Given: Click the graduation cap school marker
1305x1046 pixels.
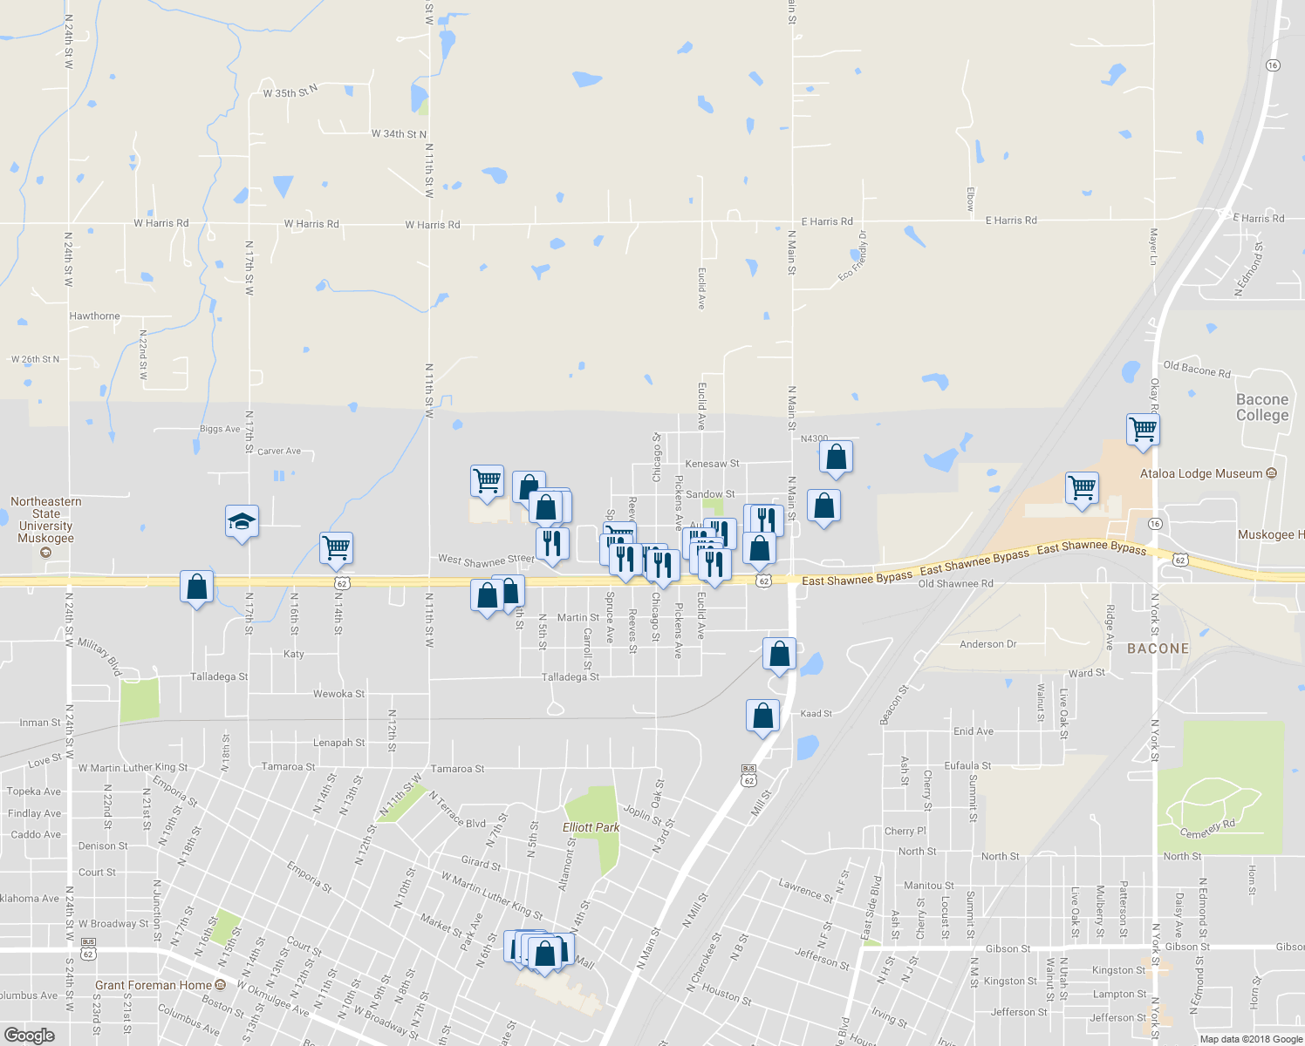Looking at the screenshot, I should click(x=242, y=522).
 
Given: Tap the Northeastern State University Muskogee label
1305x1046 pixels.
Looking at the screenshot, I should click(x=46, y=520).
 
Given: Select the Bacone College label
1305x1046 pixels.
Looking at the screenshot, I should click(x=1261, y=407).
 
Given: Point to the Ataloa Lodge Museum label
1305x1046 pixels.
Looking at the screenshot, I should click(x=1201, y=473).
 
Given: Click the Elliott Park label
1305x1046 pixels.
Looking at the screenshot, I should click(x=591, y=827).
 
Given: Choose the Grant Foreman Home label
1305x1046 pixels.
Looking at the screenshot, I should click(x=154, y=985).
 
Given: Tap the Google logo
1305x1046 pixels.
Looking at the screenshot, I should click(x=29, y=1035).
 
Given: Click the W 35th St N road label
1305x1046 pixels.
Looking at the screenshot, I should click(x=290, y=92).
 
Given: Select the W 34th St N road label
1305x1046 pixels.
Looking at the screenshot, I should click(x=399, y=133).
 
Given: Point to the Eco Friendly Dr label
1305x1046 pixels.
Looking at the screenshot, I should click(x=853, y=256).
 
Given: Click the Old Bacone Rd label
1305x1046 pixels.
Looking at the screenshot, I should click(x=1197, y=370).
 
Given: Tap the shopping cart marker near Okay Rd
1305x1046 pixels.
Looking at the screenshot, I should click(x=1143, y=429).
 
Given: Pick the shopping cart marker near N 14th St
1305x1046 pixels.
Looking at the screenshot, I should click(x=336, y=547).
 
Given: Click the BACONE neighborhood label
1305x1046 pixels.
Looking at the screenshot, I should click(x=1158, y=649).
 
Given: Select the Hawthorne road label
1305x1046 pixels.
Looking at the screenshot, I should click(x=94, y=316).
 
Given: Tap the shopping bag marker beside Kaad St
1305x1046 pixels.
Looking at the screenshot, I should click(x=763, y=716).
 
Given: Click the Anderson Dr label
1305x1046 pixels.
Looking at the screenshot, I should click(x=987, y=644).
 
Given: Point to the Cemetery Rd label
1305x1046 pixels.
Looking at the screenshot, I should click(x=1208, y=829).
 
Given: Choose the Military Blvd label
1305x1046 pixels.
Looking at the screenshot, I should click(x=100, y=655).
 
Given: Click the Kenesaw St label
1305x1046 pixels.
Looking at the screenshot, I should click(x=712, y=464).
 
